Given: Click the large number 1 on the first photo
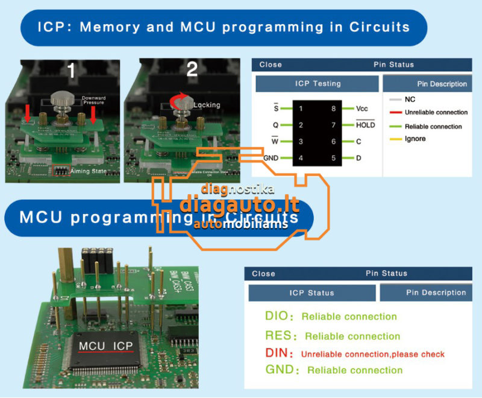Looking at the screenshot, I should (71, 71).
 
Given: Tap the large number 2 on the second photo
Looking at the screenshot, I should (192, 69).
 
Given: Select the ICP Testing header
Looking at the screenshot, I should (318, 84).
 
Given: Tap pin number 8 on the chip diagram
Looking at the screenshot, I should (333, 109).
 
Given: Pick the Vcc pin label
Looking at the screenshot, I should (362, 109).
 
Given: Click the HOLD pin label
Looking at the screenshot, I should (365, 125).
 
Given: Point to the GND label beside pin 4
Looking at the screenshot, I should (271, 158).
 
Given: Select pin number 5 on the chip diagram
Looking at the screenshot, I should (333, 158).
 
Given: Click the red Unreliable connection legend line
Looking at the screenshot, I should (395, 113).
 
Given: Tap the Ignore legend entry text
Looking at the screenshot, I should (415, 139).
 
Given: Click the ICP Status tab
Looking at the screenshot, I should (311, 293).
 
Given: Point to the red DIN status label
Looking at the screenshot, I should (279, 353).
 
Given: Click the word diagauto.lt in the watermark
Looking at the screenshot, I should (239, 204).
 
